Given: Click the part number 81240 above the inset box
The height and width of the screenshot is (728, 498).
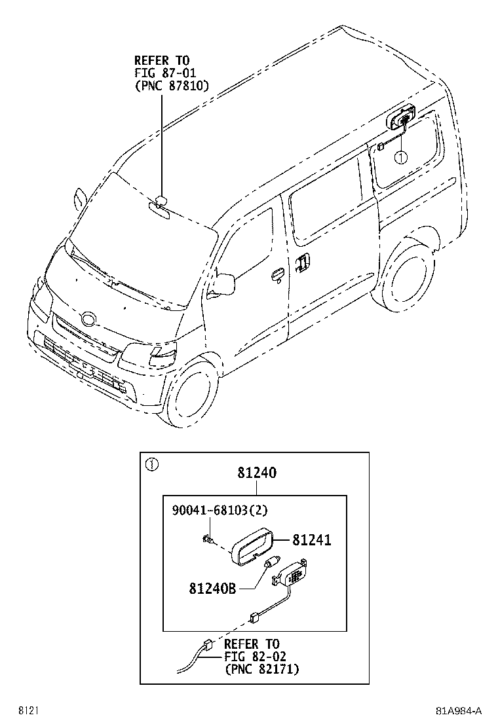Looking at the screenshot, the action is tap(257, 473).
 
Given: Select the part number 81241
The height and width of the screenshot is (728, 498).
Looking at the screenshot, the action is tap(312, 539).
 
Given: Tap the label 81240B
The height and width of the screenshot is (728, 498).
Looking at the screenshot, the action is tap(212, 589).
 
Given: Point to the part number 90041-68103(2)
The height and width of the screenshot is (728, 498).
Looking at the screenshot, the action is tap(220, 510).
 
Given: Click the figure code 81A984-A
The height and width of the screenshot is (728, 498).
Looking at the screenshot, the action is tap(459, 711).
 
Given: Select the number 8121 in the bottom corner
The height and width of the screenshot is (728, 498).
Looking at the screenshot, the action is tap(28, 711).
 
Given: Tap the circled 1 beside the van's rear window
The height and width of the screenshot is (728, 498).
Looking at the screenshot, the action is tap(400, 158).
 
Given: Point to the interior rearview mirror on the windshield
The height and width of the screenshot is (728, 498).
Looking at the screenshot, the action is tap(159, 210).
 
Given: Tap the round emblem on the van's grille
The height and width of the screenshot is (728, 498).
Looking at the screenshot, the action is tap(88, 319).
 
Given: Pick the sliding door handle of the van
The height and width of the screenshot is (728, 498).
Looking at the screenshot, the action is tap(302, 262).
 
